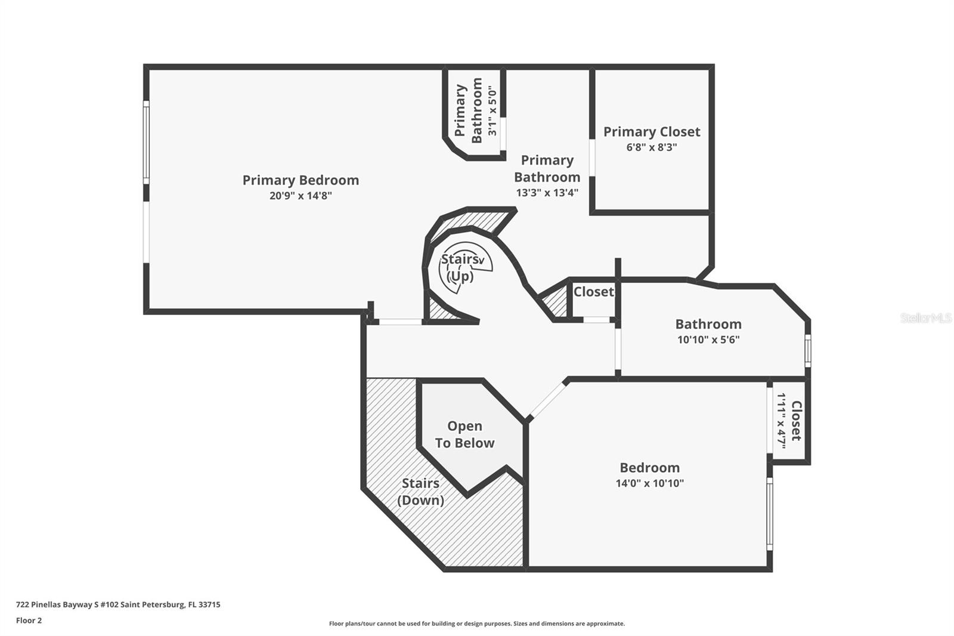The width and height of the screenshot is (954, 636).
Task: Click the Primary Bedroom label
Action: point(301,180)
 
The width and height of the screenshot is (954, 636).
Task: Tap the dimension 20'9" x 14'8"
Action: point(301,196)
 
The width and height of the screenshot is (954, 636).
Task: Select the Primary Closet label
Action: point(652,132)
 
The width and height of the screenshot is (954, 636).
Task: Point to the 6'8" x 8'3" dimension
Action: point(652,147)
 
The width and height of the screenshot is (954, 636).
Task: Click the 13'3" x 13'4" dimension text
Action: point(547,193)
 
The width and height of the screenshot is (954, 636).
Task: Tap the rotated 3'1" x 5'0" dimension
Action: point(492,111)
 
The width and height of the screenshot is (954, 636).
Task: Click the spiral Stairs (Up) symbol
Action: point(465,267)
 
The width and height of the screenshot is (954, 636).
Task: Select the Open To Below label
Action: point(464,434)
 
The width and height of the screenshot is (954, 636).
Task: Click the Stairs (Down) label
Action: point(421,492)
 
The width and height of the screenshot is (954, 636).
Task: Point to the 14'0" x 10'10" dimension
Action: point(649,483)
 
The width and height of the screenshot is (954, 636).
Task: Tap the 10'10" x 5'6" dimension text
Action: point(708,339)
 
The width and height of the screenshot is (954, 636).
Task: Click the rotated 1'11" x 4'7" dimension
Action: point(782,421)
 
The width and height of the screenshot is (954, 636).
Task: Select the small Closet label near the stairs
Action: point(594,292)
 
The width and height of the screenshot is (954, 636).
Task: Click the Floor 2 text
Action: point(29,620)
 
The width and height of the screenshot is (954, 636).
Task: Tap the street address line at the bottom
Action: point(119,604)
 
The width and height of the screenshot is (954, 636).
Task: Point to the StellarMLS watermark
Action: point(927,317)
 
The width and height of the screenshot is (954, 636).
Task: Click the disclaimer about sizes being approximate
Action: point(477,623)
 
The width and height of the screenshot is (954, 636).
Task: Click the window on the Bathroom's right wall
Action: point(807,350)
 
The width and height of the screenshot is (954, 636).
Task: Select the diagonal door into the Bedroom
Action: point(547,399)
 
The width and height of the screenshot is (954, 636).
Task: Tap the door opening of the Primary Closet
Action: point(592,158)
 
